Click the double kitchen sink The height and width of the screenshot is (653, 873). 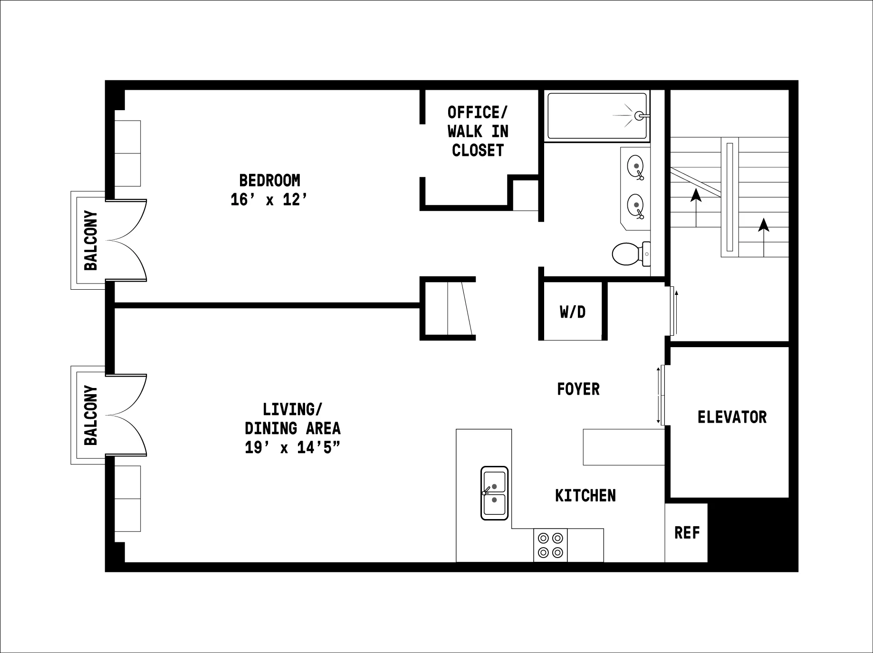(x=494, y=493)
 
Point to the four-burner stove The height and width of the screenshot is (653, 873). (x=550, y=545)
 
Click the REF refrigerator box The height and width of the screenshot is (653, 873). (x=686, y=533)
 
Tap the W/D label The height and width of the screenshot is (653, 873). (x=572, y=312)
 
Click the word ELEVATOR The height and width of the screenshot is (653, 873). (x=731, y=417)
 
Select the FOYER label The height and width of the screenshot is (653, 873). (x=578, y=389)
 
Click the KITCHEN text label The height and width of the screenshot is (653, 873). (x=585, y=495)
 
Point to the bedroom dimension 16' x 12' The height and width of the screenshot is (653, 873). (x=269, y=200)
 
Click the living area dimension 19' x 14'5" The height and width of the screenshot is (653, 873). (x=292, y=447)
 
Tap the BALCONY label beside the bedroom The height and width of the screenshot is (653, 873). (x=90, y=240)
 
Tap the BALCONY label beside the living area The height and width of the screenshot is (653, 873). (x=90, y=415)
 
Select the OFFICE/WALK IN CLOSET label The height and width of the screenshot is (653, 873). (x=478, y=132)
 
